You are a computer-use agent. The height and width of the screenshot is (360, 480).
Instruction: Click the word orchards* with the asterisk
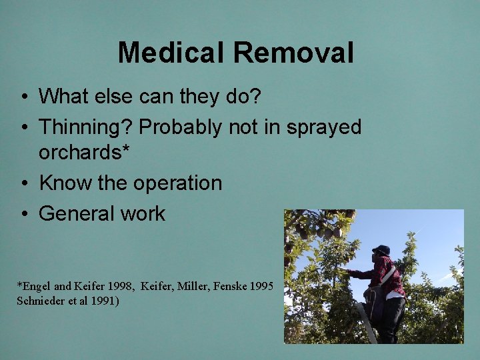click(x=83, y=152)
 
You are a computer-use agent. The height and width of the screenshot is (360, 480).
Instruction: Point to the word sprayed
click(x=323, y=127)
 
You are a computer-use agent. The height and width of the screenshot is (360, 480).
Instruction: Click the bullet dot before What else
click(x=23, y=97)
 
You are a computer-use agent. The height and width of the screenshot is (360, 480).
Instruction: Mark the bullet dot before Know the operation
click(x=23, y=183)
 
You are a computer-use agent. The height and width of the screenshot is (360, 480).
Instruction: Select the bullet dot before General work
click(x=23, y=214)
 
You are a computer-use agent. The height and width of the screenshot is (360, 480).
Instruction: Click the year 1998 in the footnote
click(x=116, y=286)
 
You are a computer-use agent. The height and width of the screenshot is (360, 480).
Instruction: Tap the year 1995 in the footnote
click(x=259, y=286)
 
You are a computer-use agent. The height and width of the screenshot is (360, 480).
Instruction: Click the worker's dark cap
click(x=381, y=250)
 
